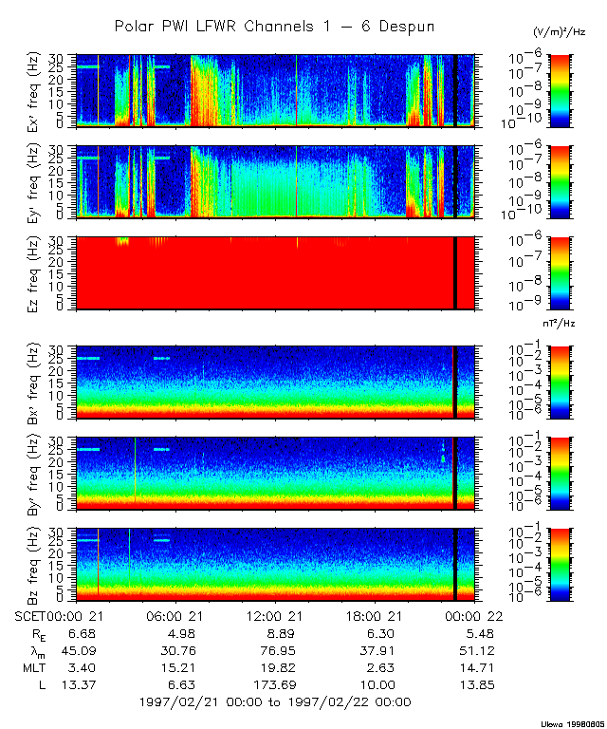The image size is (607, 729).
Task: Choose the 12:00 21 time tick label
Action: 275,616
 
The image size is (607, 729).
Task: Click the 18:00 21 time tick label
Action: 376,616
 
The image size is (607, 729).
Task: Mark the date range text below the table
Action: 275,701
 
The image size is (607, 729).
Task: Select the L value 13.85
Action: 476,684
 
